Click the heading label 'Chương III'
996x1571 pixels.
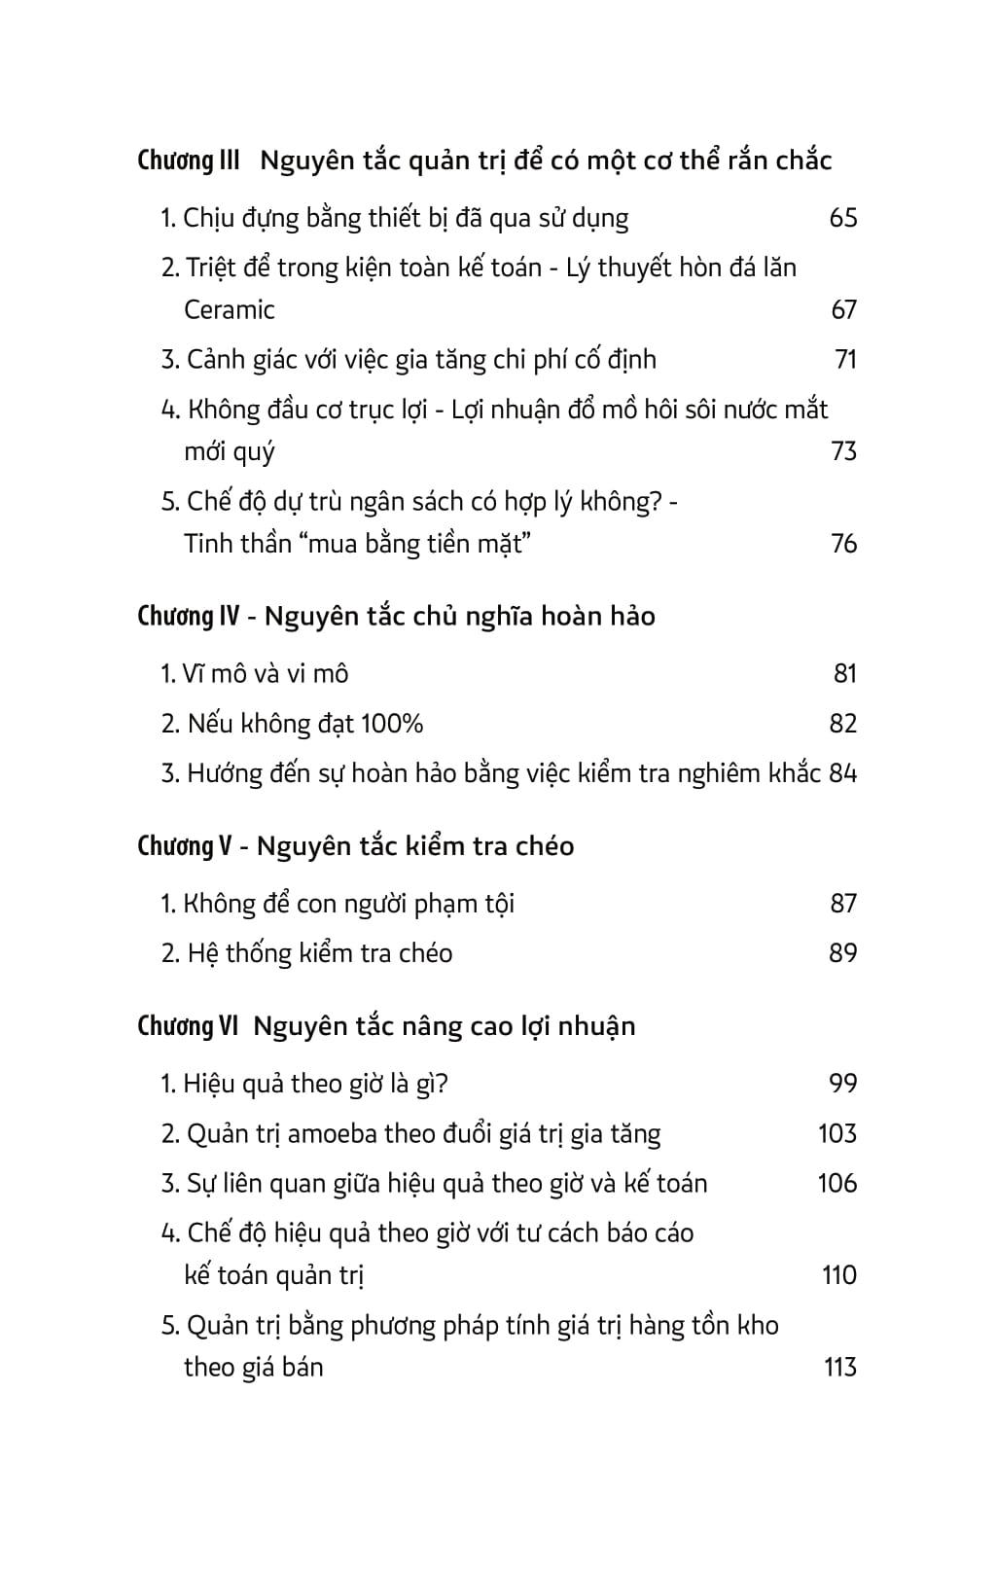click(189, 161)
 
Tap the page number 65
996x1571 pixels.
click(842, 218)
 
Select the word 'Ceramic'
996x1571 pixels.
click(230, 310)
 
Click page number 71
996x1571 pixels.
click(845, 360)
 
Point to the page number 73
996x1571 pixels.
click(843, 451)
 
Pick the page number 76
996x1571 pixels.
click(843, 544)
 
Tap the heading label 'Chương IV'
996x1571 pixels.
click(189, 617)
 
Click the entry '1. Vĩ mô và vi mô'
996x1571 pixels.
click(255, 674)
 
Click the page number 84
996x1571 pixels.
click(843, 774)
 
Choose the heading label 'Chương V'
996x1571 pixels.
click(185, 846)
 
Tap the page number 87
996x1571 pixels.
click(843, 904)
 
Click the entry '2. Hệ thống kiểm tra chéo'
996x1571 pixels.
click(306, 953)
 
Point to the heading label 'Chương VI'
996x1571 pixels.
click(189, 1026)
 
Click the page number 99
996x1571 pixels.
click(842, 1084)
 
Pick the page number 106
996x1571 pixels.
click(837, 1184)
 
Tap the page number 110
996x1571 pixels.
click(838, 1275)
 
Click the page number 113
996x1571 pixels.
click(839, 1368)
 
